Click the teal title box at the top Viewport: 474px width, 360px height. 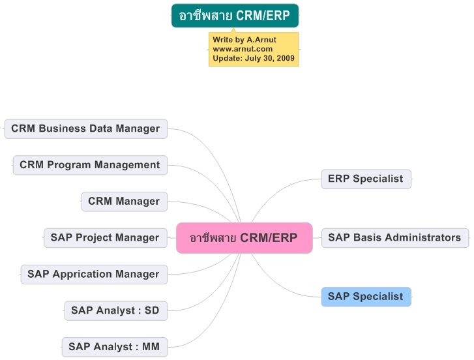point(235,16)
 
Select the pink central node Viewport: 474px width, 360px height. point(244,238)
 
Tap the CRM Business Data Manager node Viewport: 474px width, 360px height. point(86,128)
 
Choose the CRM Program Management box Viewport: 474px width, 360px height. point(90,165)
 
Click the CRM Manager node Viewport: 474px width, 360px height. point(125,202)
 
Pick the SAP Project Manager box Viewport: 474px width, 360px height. point(106,238)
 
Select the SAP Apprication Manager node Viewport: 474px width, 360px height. point(94,275)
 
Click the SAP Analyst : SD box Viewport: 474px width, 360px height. point(116,310)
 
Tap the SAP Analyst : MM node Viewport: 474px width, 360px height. point(115,347)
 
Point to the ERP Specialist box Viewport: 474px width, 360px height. point(366,179)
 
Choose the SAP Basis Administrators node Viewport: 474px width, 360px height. point(395,238)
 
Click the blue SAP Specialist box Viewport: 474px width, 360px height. point(366,297)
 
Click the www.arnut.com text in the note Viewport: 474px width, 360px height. point(243,49)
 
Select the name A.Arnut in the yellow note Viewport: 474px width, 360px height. point(261,40)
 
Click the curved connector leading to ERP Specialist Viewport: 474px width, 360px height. point(278,191)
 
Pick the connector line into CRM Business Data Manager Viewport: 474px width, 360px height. point(218,160)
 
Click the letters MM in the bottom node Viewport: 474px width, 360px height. point(151,347)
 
